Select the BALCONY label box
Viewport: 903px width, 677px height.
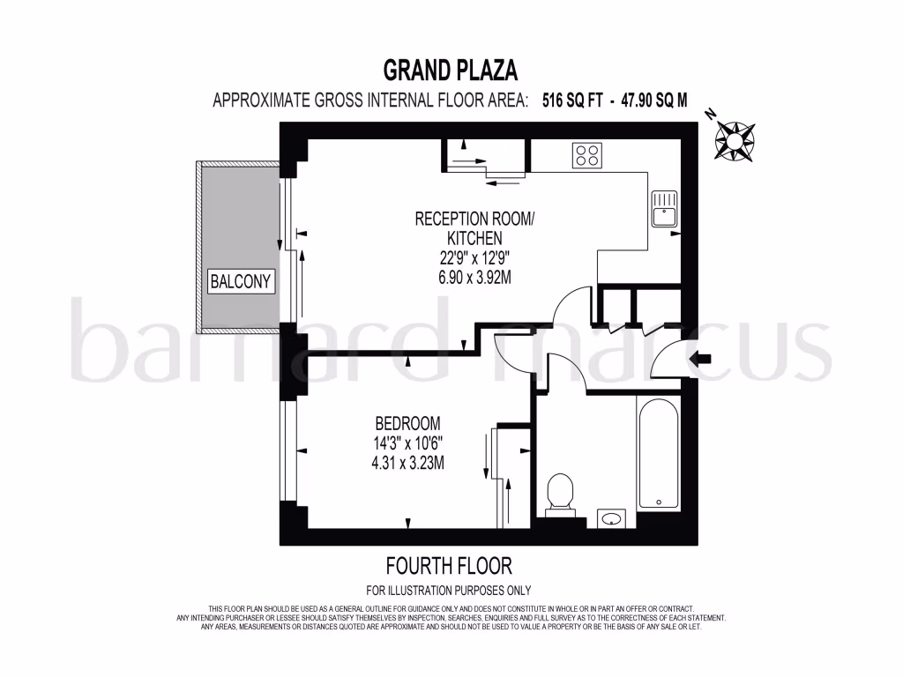(241, 282)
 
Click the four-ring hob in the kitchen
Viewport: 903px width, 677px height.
(587, 155)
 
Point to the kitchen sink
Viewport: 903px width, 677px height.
(663, 209)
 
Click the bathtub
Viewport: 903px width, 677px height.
(658, 454)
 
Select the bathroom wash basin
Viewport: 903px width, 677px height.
(611, 518)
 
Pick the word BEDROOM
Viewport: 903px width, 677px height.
(407, 423)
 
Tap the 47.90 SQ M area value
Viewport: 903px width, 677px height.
(654, 100)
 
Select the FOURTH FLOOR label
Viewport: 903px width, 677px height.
(449, 565)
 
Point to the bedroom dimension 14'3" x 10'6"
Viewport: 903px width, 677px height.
(407, 443)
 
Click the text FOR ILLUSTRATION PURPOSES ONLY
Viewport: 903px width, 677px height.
(449, 591)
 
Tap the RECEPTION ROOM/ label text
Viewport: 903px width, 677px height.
(474, 219)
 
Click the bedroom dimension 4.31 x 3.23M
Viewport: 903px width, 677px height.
(407, 462)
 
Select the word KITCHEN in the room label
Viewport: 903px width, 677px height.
(474, 238)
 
